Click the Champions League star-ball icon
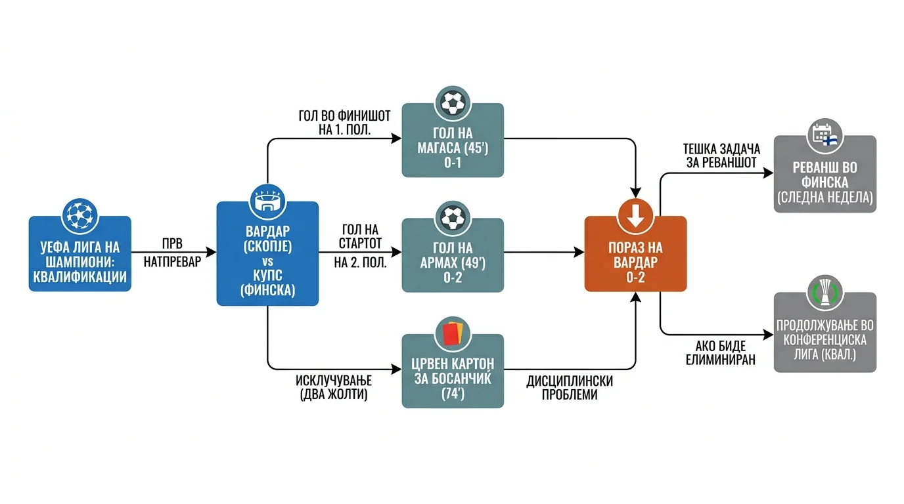(80, 216)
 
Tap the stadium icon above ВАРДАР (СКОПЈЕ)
(267, 201)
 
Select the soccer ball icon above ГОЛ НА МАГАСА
(453, 103)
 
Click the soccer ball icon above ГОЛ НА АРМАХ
(453, 218)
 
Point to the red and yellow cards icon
(453, 334)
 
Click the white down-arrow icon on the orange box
(635, 216)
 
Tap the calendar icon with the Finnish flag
(825, 136)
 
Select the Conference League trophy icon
(825, 293)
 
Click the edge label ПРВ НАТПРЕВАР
(172, 253)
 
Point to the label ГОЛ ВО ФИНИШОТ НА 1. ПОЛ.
(344, 123)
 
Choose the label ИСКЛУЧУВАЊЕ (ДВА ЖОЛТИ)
(334, 387)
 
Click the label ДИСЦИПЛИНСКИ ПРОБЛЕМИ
(570, 387)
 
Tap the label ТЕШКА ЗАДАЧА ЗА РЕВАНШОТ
(721, 156)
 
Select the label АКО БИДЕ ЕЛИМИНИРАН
(720, 352)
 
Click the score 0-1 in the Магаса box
(453, 163)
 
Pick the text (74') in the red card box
(453, 394)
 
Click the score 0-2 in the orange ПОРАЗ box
(635, 278)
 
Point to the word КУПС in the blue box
(267, 276)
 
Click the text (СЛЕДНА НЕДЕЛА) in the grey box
(825, 198)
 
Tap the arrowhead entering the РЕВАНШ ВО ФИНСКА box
(769, 173)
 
